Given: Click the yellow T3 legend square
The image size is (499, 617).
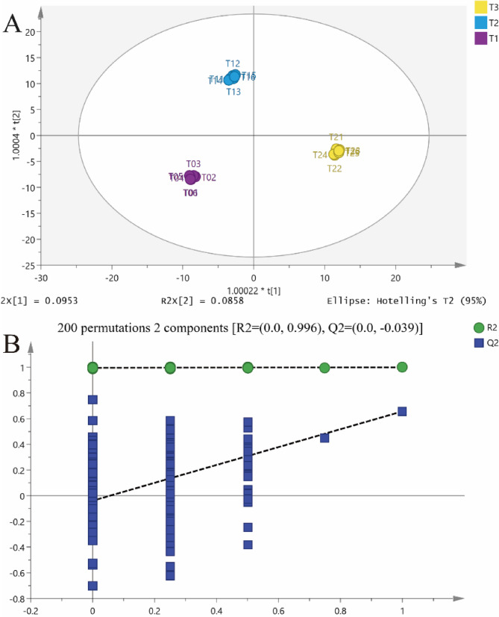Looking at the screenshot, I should [x=481, y=7].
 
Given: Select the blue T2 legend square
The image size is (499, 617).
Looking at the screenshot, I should [x=481, y=22].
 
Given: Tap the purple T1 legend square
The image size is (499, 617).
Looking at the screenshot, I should [x=481, y=37].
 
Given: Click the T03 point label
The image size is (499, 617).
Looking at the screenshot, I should [x=193, y=164].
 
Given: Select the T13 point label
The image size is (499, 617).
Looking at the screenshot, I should [x=233, y=92].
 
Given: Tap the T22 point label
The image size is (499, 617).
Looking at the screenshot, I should [x=335, y=169].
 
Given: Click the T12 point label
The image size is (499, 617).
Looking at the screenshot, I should [x=233, y=63].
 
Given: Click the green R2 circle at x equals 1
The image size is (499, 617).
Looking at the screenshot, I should [x=402, y=367].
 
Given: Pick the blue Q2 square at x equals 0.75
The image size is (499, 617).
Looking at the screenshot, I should [x=324, y=437].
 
